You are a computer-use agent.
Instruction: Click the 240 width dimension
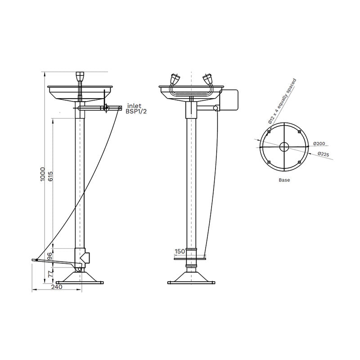click(56, 286)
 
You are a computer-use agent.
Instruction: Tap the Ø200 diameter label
click(319, 144)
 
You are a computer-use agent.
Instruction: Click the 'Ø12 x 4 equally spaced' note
click(280, 101)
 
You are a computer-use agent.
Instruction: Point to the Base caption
click(284, 180)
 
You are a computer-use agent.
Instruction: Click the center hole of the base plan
click(284, 146)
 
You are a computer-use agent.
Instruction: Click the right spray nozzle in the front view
click(208, 80)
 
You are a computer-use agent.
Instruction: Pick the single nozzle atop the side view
click(80, 75)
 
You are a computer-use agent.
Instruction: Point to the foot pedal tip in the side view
click(34, 260)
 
